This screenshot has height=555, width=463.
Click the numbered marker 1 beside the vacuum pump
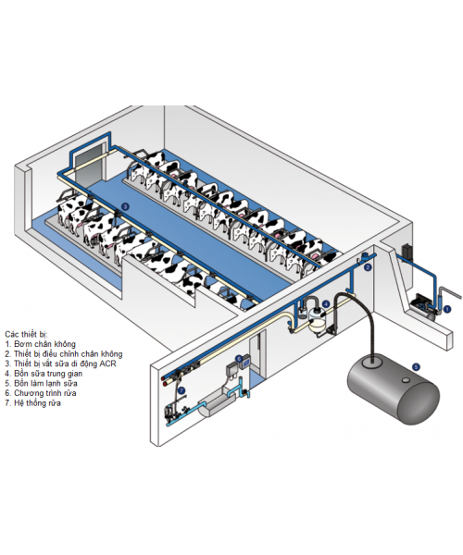(x=447, y=309)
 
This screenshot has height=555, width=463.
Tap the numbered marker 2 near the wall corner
(x=368, y=267)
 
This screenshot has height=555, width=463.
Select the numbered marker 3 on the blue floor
(x=124, y=206)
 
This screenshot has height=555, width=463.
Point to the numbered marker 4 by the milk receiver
(x=326, y=303)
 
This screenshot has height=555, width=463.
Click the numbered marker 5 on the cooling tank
(x=416, y=367)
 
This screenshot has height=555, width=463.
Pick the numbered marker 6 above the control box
(x=239, y=358)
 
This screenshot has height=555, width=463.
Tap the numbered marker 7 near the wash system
(x=181, y=390)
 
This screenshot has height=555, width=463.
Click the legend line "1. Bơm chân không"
(x=41, y=344)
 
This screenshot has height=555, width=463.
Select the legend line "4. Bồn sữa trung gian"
(x=44, y=373)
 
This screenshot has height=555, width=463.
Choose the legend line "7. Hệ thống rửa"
(x=33, y=402)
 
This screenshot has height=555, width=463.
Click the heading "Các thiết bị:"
(x=26, y=334)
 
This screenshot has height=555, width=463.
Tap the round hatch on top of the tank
(x=373, y=361)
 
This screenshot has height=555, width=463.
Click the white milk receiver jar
(x=317, y=320)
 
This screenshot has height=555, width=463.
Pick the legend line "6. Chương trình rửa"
(x=41, y=393)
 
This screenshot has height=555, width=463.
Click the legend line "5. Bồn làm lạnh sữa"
(x=41, y=383)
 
